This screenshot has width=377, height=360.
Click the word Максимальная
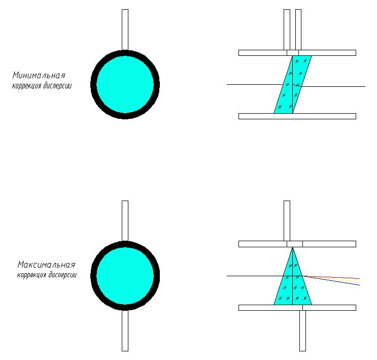(x=46, y=265)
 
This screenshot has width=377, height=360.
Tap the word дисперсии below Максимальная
(x=63, y=276)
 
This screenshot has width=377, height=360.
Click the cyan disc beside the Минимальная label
(x=125, y=84)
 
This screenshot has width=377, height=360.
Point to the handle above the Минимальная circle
(x=125, y=29)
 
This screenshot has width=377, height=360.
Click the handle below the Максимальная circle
(x=125, y=330)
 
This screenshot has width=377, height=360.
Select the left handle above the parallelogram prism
(x=287, y=29)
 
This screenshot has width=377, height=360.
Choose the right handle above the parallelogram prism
(x=298, y=29)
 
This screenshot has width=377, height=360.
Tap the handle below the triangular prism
(x=302, y=330)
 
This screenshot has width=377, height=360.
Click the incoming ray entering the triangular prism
(x=254, y=276)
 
